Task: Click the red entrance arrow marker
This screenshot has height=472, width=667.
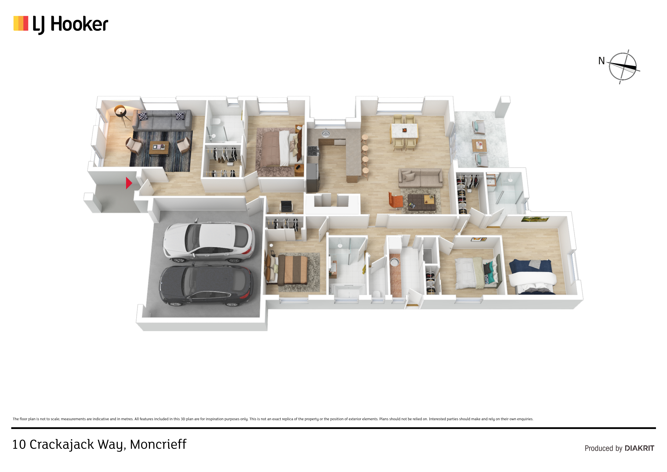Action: coord(129,183)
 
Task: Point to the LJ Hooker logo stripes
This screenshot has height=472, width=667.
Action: coord(21,23)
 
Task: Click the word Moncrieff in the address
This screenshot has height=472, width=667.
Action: coord(158,444)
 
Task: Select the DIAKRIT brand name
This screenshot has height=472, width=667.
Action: coord(639,448)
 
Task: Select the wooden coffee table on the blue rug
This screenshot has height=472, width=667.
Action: coord(159,148)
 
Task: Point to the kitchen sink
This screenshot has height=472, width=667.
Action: coord(326,134)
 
